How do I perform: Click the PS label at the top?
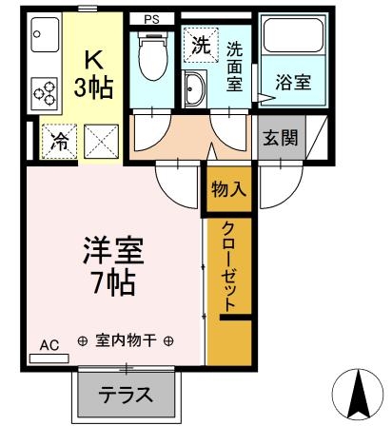[x=152, y=18]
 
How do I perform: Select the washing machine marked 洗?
[x=199, y=44]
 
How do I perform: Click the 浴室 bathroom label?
[x=292, y=82]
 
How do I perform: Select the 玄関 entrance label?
[x=280, y=136]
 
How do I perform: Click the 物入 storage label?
[x=228, y=187]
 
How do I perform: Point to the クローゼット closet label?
[x=229, y=266]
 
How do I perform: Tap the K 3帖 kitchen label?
[x=94, y=73]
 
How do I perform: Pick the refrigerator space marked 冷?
[x=57, y=141]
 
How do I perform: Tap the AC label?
[x=49, y=345]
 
